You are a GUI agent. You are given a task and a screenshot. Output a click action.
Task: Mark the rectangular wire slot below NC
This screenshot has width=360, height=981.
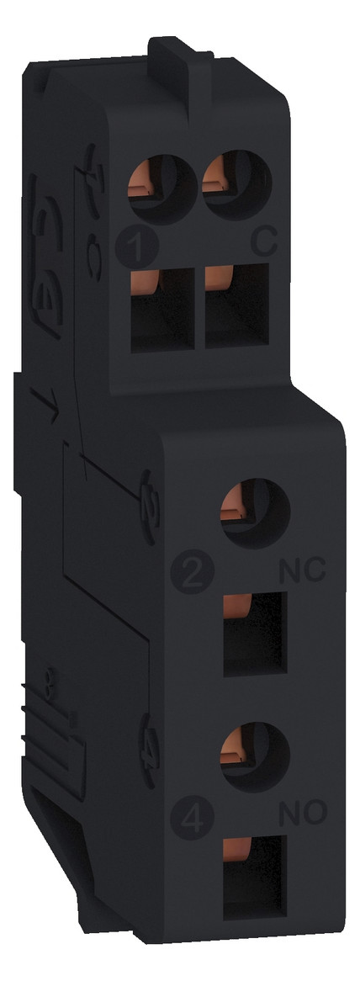coord(252,633)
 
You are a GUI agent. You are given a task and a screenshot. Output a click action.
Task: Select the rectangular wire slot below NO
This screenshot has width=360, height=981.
coord(252,871)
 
